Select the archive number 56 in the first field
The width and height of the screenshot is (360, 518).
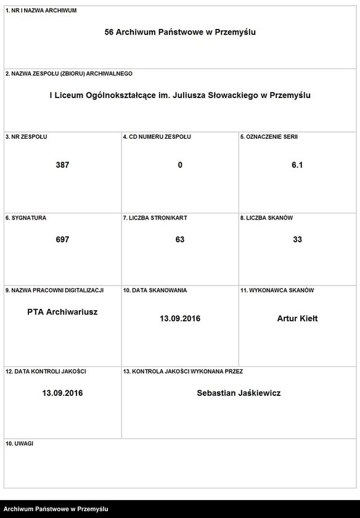coord(110,32)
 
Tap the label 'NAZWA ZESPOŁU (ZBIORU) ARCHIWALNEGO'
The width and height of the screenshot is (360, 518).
coord(68,73)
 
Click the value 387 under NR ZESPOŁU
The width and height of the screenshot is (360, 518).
coord(62,165)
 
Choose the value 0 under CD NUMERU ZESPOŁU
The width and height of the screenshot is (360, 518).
coord(180,165)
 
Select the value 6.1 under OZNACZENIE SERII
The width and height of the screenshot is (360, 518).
coord(297,165)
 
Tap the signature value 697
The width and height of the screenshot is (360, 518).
coord(62,239)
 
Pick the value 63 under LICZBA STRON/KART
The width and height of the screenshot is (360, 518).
coord(180,239)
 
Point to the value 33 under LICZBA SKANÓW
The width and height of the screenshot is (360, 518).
coord(297,239)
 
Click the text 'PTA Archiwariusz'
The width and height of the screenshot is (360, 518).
coord(62,312)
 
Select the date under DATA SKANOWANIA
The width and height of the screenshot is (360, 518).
coord(180,319)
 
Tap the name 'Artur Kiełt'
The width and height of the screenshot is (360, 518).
coord(297,319)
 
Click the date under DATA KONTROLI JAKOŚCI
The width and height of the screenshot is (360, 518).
coord(62,393)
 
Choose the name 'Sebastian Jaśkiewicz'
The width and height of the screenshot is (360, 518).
coord(239,393)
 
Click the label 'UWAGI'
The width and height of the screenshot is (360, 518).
coord(19,443)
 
